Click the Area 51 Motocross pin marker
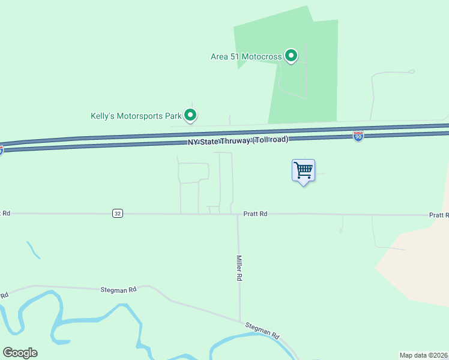pyautogui.click(x=291, y=56)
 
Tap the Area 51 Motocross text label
pyautogui.click(x=246, y=57)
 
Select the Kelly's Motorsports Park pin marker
pyautogui.click(x=191, y=115)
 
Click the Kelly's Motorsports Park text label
pyautogui.click(x=136, y=116)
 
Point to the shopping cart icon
pyautogui.click(x=303, y=170)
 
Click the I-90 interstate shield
pyautogui.click(x=358, y=137)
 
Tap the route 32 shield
pyautogui.click(x=117, y=214)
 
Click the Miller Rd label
pyautogui.click(x=239, y=268)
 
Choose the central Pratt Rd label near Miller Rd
pyautogui.click(x=255, y=214)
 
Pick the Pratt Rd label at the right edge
pyautogui.click(x=439, y=215)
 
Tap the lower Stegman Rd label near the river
pyautogui.click(x=262, y=329)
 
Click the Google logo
pyautogui.click(x=20, y=353)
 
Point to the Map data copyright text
pyautogui.click(x=424, y=355)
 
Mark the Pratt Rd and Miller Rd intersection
pyautogui.click(x=238, y=214)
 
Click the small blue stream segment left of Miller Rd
pyautogui.click(x=33, y=250)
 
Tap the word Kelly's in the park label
pyautogui.click(x=101, y=116)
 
